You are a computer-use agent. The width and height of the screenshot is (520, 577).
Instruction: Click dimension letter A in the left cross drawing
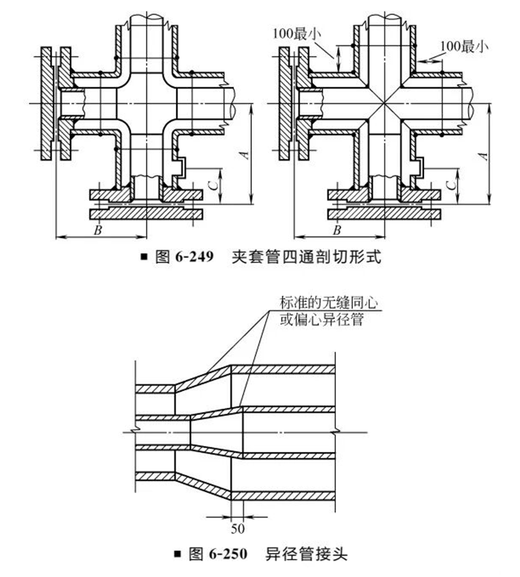pos(245,155)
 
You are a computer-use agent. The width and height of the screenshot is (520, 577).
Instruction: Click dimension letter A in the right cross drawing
pos(484,156)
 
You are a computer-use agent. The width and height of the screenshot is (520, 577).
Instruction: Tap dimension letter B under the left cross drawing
pos(98,230)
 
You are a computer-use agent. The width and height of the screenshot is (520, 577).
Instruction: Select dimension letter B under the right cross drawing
pos(337,230)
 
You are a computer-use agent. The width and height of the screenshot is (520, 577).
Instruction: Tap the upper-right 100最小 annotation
pos(464,46)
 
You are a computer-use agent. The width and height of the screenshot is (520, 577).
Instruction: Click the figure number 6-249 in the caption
pos(194,256)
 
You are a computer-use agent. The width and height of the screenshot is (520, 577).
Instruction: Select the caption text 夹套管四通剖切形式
pos(306,257)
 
